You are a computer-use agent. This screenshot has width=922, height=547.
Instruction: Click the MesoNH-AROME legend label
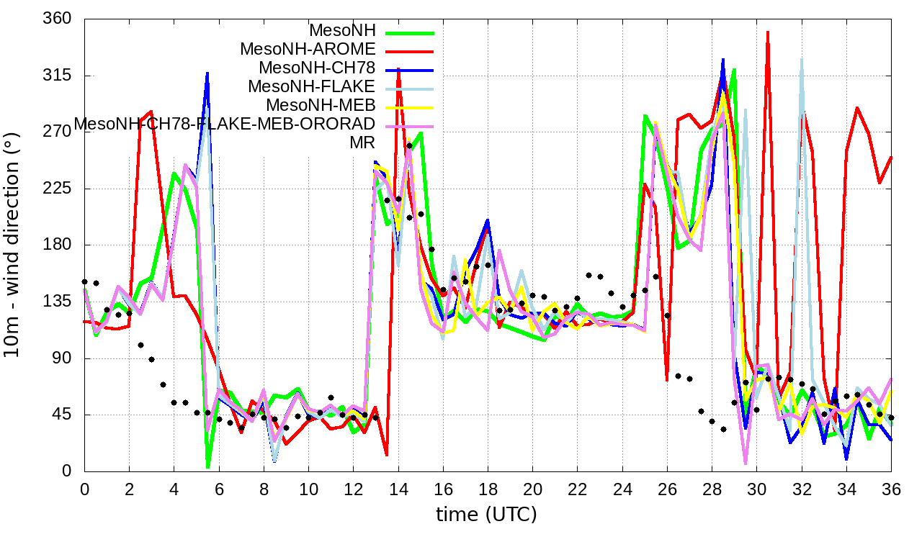(308, 50)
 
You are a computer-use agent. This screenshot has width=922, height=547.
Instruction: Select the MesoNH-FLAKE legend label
(311, 86)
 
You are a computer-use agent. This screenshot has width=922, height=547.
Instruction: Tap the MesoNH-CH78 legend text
(317, 68)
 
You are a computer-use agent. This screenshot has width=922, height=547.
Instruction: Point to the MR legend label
(362, 143)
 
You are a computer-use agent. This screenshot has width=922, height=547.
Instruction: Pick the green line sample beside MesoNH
(410, 32)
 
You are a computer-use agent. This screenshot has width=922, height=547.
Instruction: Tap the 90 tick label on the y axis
(62, 358)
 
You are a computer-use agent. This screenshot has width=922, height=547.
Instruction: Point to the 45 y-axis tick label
(62, 415)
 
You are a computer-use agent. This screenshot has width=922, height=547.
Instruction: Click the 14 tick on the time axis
(398, 489)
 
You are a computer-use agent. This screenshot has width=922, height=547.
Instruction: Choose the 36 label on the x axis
(890, 489)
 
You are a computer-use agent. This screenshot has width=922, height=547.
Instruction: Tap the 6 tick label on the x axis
(219, 489)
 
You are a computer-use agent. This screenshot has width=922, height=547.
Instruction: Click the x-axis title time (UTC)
(486, 515)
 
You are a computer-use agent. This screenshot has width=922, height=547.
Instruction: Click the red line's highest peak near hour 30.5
(768, 32)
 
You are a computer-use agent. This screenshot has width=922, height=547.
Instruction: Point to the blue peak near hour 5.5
(207, 73)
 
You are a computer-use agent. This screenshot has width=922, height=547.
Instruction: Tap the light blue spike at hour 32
(801, 60)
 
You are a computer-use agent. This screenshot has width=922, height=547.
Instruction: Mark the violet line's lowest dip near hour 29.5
(746, 464)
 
